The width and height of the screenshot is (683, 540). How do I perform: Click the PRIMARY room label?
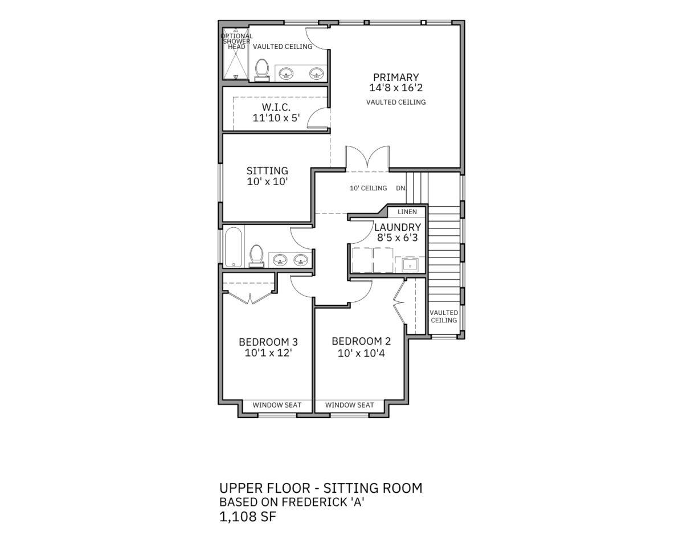pyautogui.click(x=395, y=77)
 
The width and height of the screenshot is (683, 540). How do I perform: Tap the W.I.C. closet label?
pyautogui.click(x=276, y=107)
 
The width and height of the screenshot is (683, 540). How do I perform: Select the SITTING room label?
pyautogui.click(x=268, y=171)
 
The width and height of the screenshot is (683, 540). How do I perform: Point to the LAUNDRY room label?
pyautogui.click(x=398, y=227)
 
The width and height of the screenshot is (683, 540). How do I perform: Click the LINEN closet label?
pyautogui.click(x=407, y=212)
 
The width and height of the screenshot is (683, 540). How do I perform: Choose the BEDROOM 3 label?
pyautogui.click(x=268, y=342)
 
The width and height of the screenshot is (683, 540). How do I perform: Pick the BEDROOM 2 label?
pyautogui.click(x=361, y=341)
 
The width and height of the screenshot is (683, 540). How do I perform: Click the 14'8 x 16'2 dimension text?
pyautogui.click(x=396, y=88)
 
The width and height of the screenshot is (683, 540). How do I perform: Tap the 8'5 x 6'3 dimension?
pyautogui.click(x=397, y=238)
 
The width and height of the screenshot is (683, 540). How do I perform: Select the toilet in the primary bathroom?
pyautogui.click(x=262, y=69)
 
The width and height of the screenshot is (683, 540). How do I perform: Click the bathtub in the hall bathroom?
pyautogui.click(x=234, y=247)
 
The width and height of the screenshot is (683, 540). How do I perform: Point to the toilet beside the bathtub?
pyautogui.click(x=256, y=255)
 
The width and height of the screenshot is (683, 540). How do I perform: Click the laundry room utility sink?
pyautogui.click(x=410, y=264)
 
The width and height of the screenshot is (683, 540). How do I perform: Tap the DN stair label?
pyautogui.click(x=400, y=189)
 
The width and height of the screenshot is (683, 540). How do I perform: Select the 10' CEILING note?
pyautogui.click(x=369, y=188)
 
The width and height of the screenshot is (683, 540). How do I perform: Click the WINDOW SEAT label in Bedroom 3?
pyautogui.click(x=277, y=405)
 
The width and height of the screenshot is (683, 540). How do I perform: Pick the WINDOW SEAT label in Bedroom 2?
pyautogui.click(x=349, y=405)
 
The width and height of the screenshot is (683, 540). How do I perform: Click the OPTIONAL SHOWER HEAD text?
pyautogui.click(x=236, y=42)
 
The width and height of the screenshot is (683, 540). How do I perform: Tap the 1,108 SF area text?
pyautogui.click(x=247, y=517)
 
